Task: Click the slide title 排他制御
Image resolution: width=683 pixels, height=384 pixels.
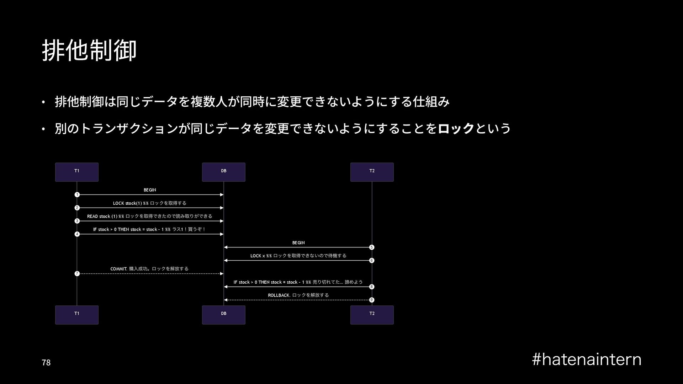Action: click(89, 50)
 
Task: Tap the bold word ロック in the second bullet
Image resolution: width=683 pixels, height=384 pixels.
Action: click(456, 128)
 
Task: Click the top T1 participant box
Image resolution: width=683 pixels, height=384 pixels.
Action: click(77, 172)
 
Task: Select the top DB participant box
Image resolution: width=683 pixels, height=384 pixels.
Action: click(223, 172)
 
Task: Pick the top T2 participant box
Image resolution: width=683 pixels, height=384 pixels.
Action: click(372, 172)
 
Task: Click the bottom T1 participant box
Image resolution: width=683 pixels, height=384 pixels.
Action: click(77, 315)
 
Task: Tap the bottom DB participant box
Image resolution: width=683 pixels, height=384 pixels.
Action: click(223, 315)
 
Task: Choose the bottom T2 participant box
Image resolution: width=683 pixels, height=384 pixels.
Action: click(372, 315)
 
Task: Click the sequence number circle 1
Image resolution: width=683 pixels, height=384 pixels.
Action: click(77, 194)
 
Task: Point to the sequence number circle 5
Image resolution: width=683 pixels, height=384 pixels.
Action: click(372, 247)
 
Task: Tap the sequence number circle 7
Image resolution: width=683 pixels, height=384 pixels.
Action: click(77, 273)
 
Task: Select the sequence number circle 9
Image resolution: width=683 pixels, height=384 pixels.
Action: click(372, 300)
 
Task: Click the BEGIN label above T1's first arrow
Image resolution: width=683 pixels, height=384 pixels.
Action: click(150, 190)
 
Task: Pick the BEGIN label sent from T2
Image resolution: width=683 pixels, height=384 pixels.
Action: click(298, 242)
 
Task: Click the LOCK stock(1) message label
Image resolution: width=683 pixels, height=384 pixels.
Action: click(150, 203)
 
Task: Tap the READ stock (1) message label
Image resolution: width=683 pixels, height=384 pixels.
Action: click(150, 216)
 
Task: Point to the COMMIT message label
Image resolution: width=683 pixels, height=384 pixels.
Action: click(150, 269)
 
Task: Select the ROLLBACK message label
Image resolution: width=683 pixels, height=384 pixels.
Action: click(298, 295)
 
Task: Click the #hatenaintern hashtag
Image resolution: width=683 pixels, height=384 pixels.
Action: click(587, 359)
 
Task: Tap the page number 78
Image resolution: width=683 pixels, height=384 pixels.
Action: click(46, 363)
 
